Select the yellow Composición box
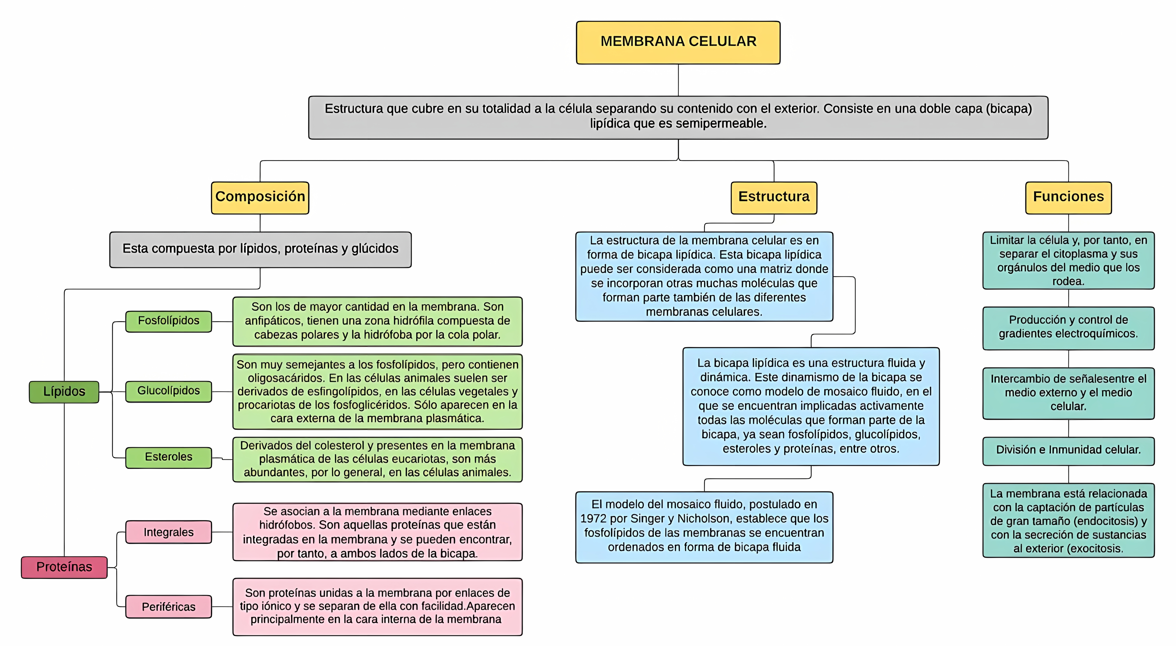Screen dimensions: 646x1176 [260, 197]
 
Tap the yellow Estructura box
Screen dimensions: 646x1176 [773, 197]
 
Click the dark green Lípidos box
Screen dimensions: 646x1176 [64, 392]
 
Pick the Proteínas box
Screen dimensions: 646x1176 [64, 567]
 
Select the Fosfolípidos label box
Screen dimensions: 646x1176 [169, 321]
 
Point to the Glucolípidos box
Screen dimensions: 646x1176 [169, 391]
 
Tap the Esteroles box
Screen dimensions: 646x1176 [169, 457]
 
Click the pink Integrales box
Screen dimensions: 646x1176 [169, 532]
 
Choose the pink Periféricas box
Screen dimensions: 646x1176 [169, 607]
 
